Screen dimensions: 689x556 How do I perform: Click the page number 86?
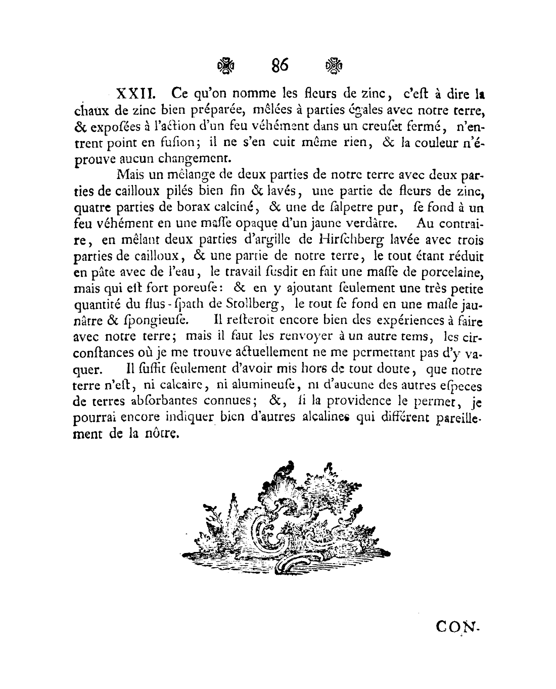point(279,65)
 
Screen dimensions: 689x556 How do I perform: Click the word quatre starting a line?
point(91,208)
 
